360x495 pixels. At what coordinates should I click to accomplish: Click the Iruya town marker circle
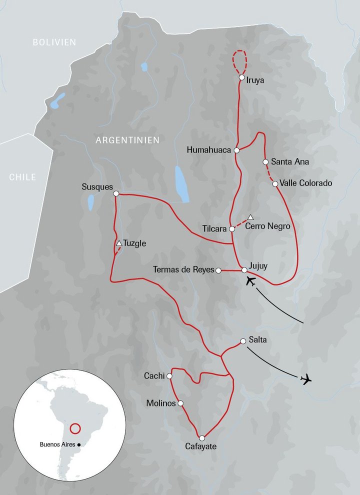coord(241,78)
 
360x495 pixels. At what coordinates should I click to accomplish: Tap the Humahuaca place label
coord(209,149)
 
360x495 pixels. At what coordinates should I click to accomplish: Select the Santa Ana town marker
coord(265,162)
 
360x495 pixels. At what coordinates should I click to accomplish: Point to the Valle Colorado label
coord(306,183)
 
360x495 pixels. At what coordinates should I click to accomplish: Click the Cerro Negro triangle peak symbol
coord(251,217)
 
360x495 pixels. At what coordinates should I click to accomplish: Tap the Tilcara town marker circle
coord(232,229)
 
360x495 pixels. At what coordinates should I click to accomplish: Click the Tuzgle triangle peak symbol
coord(119,243)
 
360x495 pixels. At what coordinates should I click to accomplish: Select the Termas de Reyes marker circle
coord(218,270)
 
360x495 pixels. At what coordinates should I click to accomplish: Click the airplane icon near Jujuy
coord(251,282)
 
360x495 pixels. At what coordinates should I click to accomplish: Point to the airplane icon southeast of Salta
coord(305,379)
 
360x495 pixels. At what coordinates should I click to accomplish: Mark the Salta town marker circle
coord(243,341)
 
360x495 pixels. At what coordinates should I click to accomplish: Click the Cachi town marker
coord(169,376)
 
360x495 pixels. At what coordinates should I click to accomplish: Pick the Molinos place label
coord(160,403)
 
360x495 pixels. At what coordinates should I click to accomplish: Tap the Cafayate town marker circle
coord(202,438)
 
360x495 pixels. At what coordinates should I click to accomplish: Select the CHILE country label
coord(22,177)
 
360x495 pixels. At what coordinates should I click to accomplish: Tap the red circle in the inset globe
coord(75,428)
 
